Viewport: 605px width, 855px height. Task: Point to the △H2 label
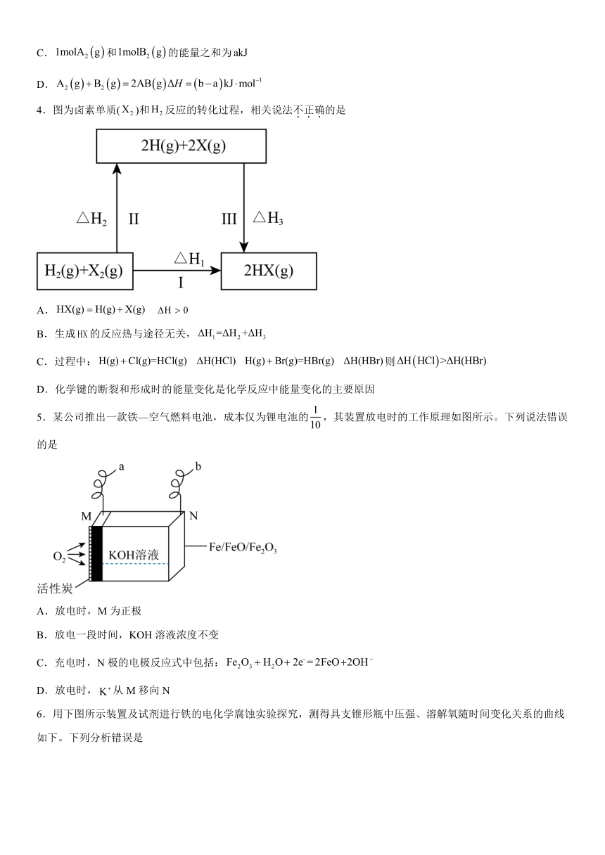[91, 219]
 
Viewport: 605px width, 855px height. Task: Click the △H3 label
[268, 218]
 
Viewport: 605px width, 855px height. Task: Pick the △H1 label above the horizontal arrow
[189, 259]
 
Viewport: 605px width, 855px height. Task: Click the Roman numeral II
[134, 219]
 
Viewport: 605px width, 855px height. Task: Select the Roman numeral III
[229, 219]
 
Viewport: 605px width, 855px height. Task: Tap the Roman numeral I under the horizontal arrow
[181, 283]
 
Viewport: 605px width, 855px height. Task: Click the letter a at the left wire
[122, 467]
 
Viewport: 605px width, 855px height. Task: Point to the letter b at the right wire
[198, 466]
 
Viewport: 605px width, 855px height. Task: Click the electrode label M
[87, 516]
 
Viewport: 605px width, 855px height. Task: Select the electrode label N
[193, 516]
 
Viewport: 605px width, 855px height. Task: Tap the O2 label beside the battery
[59, 556]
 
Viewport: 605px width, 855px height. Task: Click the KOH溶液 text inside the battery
[134, 555]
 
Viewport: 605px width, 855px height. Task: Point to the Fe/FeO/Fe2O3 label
[243, 548]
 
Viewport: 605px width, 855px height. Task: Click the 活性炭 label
[55, 589]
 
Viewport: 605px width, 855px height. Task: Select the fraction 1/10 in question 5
[315, 418]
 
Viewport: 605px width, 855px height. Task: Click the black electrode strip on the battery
[97, 554]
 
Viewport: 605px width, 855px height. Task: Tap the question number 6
[41, 714]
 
